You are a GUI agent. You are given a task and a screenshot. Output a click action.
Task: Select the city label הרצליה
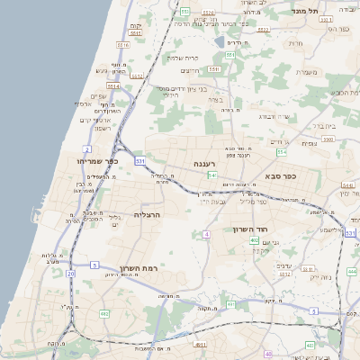point(146,215)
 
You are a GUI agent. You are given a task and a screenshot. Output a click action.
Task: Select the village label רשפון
point(99,128)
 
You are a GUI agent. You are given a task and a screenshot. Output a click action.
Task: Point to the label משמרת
point(307,72)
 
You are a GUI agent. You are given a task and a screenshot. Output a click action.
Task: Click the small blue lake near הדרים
point(219,40)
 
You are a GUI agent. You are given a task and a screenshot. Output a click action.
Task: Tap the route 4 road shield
point(206,234)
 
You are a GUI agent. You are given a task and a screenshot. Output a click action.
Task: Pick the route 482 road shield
point(104,313)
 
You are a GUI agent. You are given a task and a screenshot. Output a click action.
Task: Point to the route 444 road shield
point(352,271)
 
